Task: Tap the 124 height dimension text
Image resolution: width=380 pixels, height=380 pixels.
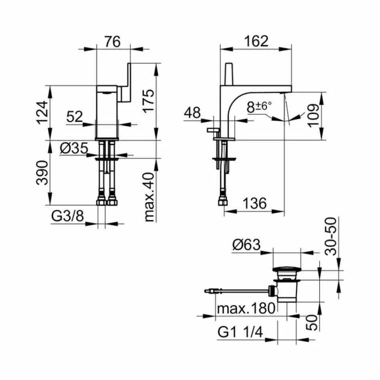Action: (44, 112)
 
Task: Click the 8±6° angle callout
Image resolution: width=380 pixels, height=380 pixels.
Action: (259, 106)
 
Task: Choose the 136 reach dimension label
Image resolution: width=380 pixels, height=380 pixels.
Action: (254, 203)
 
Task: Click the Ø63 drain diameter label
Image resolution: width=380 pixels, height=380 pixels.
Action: (246, 244)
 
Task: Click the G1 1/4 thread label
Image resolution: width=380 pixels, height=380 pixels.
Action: (240, 332)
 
